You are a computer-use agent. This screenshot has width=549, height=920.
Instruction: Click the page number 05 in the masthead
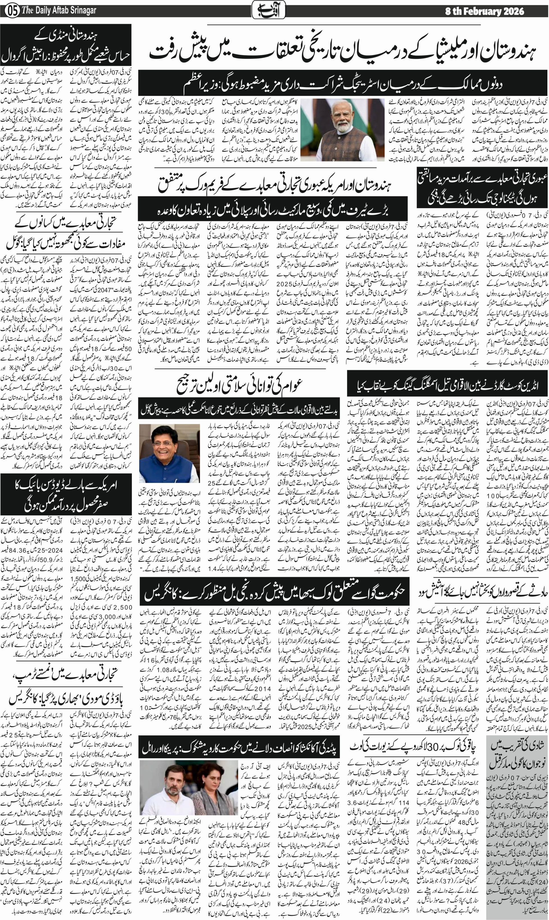12,11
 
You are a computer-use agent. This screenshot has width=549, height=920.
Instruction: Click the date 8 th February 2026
484,11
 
